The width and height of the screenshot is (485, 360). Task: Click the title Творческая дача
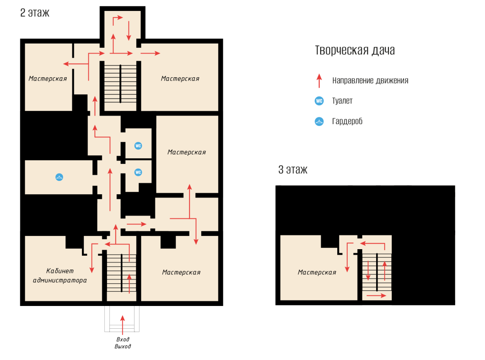(x=355, y=50)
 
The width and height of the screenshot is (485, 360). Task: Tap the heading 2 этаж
(x=35, y=13)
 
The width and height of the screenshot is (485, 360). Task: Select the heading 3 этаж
(x=293, y=170)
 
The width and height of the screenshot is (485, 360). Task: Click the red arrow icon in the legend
(x=319, y=81)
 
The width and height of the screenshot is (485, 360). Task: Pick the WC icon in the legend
(x=319, y=101)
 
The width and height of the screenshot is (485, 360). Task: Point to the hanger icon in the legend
(x=319, y=121)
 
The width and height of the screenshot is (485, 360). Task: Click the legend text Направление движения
(x=370, y=81)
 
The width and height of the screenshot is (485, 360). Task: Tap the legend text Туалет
(x=342, y=101)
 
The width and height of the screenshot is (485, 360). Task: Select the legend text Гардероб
(x=347, y=121)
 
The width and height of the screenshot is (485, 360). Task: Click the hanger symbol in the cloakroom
(x=59, y=177)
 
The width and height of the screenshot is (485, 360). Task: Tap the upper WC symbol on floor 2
(x=138, y=146)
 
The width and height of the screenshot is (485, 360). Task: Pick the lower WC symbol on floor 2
(x=138, y=172)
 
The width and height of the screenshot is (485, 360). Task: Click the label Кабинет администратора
(x=60, y=276)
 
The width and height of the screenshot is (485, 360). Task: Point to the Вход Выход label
(x=123, y=342)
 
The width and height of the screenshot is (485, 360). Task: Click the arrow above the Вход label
(x=123, y=325)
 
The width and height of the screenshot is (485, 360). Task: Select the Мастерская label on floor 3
(x=317, y=272)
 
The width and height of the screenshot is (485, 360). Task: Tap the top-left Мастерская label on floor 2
(x=48, y=79)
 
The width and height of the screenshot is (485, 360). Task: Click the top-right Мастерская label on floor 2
(x=180, y=79)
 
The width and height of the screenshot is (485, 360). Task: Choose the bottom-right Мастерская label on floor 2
(x=181, y=272)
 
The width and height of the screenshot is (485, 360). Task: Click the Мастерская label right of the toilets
(x=187, y=152)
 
